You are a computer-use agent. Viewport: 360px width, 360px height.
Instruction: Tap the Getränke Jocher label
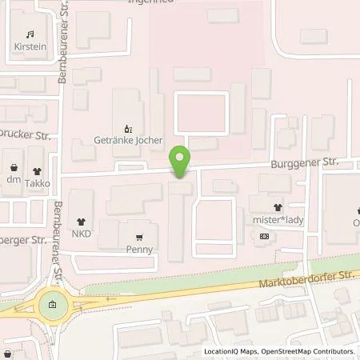pos(128,141)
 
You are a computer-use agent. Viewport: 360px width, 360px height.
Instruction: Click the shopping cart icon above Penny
pos(139,237)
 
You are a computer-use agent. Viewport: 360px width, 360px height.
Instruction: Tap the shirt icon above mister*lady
pos(277,206)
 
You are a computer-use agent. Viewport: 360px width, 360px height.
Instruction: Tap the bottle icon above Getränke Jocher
pos(127,127)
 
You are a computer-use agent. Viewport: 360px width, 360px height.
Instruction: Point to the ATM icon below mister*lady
pos(264,237)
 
